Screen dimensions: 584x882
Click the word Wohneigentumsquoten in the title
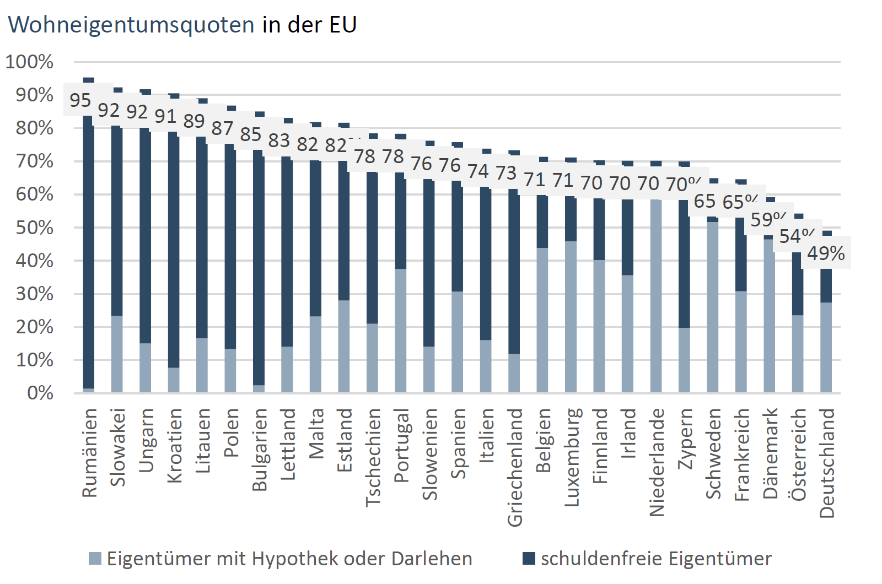click(131, 25)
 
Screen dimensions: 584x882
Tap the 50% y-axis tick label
click(34, 228)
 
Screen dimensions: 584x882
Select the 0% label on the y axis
click(40, 393)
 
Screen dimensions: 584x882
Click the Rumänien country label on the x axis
click(89, 453)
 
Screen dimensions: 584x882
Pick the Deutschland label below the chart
click(827, 463)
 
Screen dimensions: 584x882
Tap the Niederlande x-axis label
click(657, 462)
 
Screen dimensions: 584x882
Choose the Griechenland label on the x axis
click(514, 467)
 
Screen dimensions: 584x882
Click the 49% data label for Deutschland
click(826, 253)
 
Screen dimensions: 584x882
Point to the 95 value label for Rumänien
click(80, 100)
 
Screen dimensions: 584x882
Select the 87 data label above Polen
click(222, 128)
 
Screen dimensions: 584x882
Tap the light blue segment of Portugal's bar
click(401, 331)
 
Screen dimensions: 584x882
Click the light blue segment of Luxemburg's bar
click(571, 317)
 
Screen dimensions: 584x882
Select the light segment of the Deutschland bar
click(826, 347)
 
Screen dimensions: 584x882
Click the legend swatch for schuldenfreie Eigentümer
click(529, 559)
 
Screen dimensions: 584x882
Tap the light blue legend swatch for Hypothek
click(95, 559)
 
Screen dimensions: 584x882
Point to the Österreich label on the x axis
click(798, 455)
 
